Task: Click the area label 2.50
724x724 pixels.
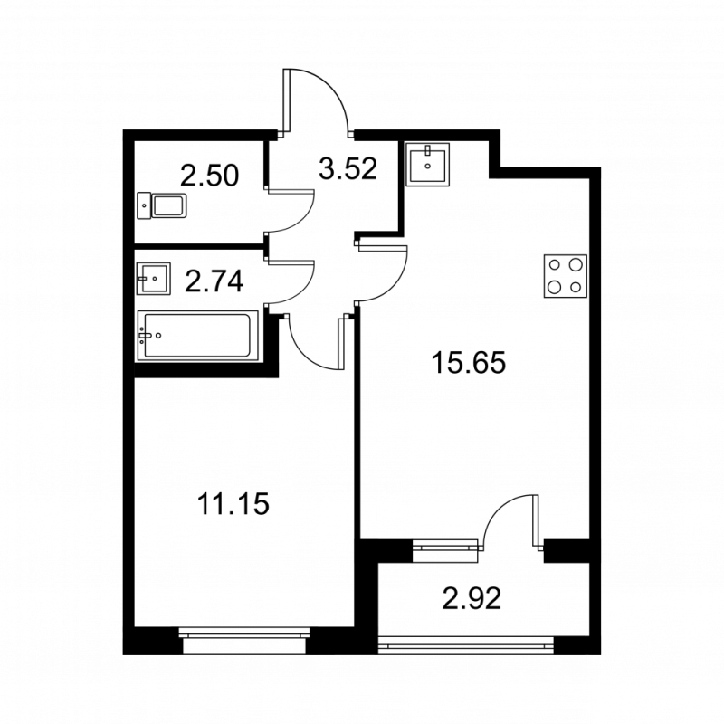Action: click(209, 175)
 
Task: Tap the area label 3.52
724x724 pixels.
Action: click(346, 168)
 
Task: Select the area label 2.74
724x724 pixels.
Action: click(214, 283)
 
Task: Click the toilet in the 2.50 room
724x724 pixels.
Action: click(163, 206)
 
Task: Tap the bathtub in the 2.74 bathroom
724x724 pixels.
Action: click(197, 336)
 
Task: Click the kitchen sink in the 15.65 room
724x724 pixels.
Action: click(427, 165)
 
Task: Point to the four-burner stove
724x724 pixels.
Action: click(564, 277)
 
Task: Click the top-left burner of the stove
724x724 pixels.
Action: click(554, 267)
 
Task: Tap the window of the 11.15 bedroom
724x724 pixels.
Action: click(244, 642)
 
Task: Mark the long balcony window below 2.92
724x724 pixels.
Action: click(466, 644)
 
